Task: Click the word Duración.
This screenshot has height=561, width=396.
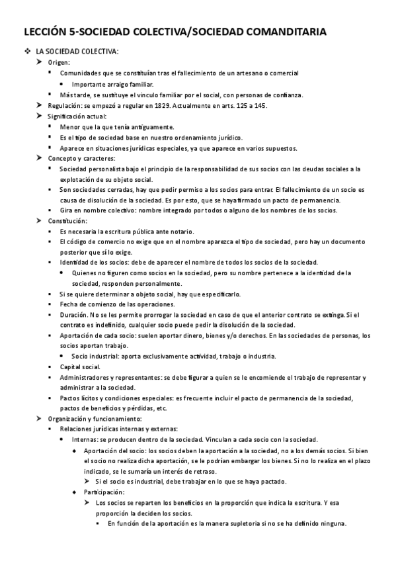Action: [x=73, y=315]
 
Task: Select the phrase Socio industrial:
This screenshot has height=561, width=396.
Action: [x=97, y=356]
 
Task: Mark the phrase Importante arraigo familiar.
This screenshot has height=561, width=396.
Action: [x=112, y=84]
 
